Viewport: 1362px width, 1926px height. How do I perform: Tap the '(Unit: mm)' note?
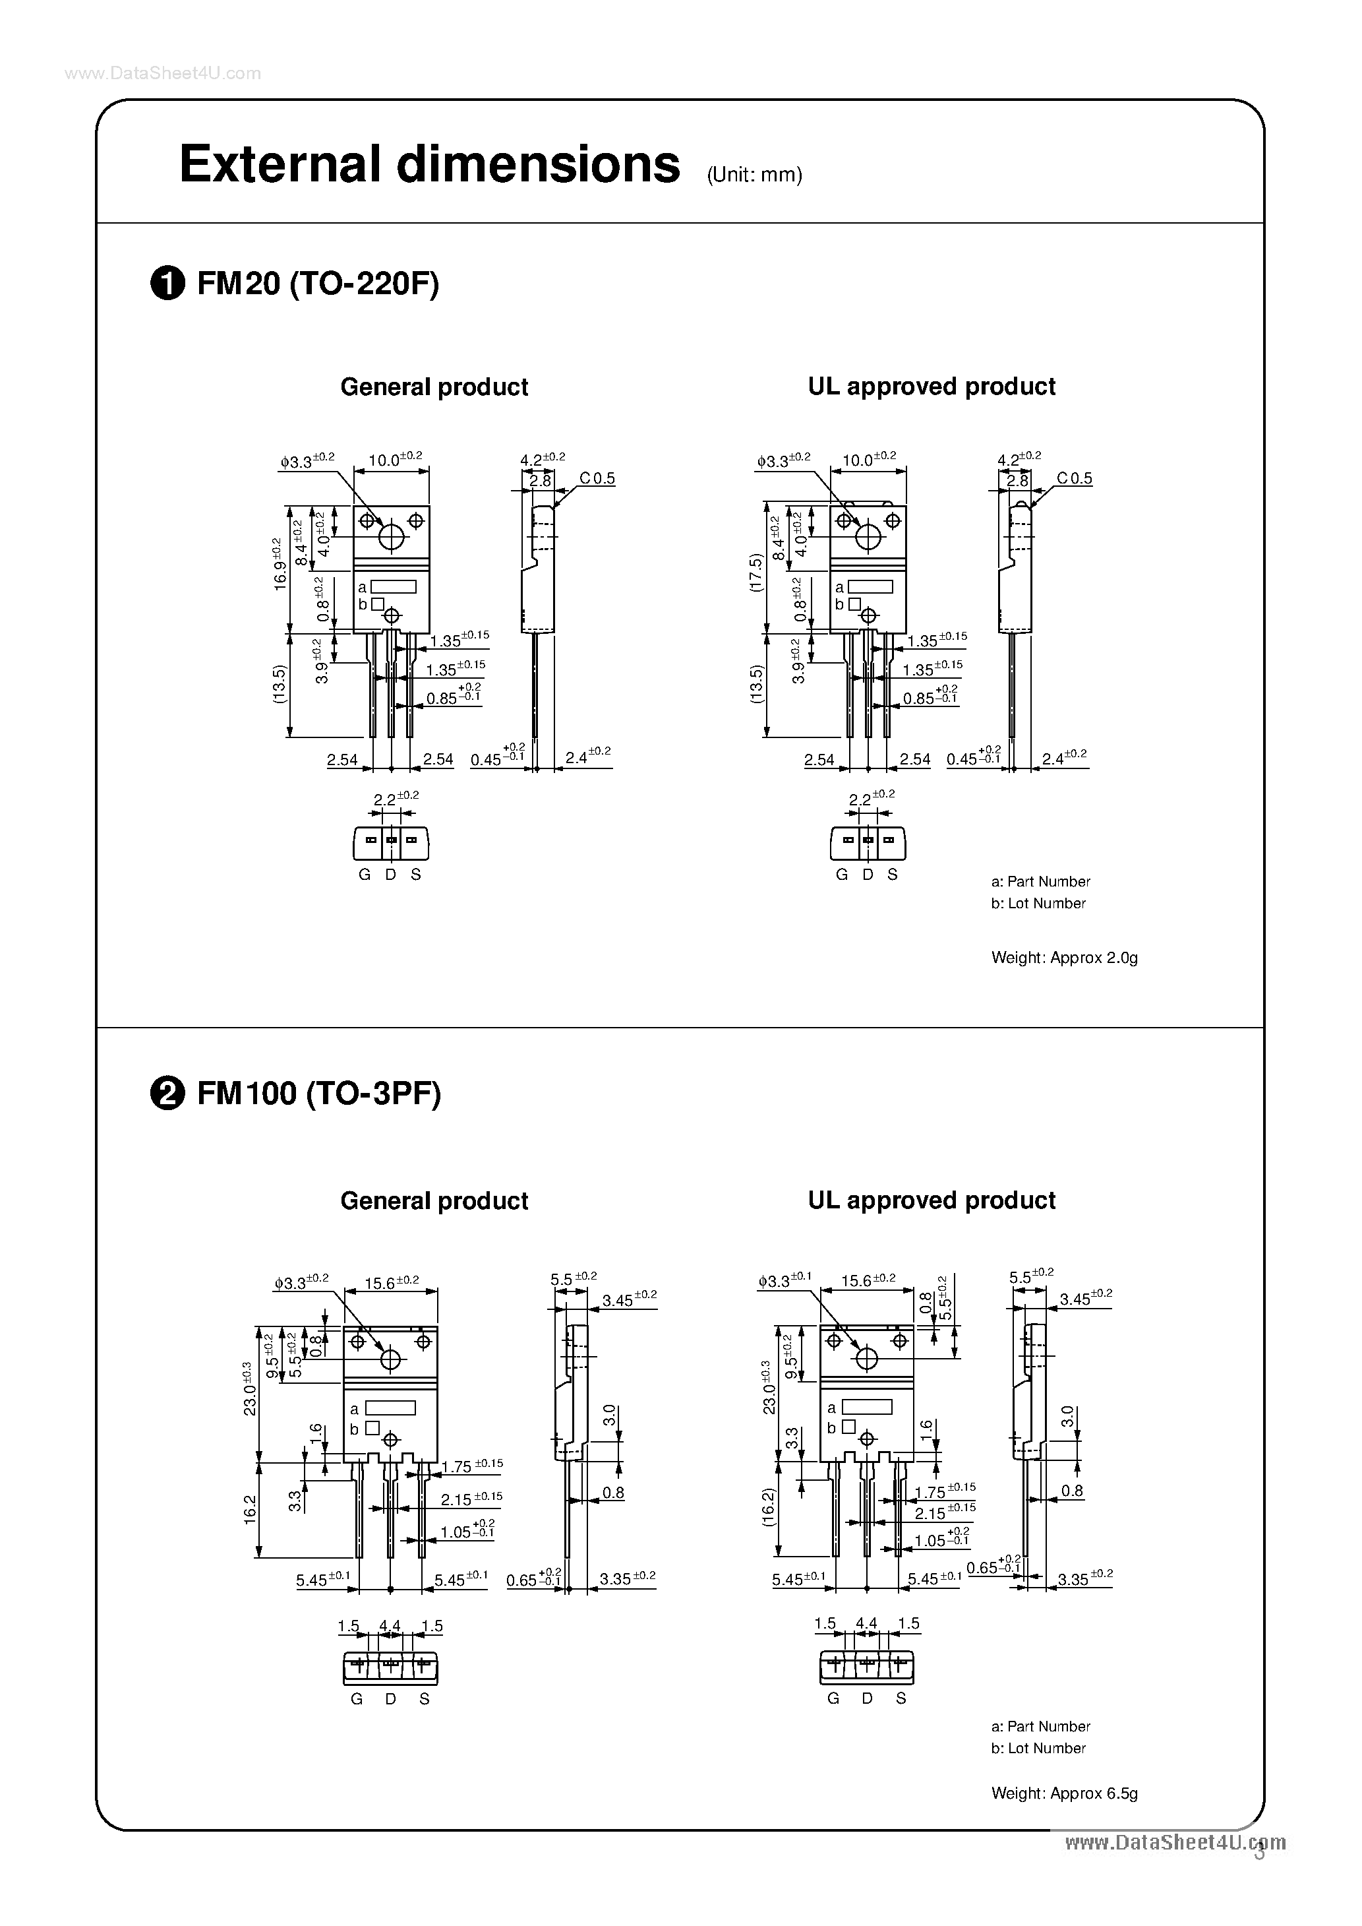click(x=754, y=175)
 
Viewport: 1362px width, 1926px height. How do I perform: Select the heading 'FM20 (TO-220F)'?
click(x=318, y=285)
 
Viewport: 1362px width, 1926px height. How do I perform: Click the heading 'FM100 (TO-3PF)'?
click(x=318, y=1094)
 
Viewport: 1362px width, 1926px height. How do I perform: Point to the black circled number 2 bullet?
click(x=167, y=1095)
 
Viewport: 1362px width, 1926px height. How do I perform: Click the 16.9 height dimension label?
click(x=280, y=565)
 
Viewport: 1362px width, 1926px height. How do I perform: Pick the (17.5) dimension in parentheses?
click(x=755, y=573)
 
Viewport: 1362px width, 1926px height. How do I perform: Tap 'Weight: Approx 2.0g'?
click(x=1063, y=957)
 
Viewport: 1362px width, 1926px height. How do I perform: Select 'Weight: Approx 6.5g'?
click(x=1063, y=1793)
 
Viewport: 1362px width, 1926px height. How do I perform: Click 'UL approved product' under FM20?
click(x=931, y=386)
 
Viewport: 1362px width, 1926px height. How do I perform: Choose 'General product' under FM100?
click(x=434, y=1200)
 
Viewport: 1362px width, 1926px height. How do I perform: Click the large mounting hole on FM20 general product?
click(x=392, y=537)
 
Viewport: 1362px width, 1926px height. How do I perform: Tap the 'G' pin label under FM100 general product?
click(x=357, y=1698)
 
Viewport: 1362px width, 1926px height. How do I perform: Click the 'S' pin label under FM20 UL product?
click(x=893, y=874)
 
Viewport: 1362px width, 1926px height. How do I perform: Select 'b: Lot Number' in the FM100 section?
click(x=1038, y=1747)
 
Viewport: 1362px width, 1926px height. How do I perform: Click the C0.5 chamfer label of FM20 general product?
click(x=597, y=478)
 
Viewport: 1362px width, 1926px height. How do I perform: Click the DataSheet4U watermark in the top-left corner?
click(x=163, y=74)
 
